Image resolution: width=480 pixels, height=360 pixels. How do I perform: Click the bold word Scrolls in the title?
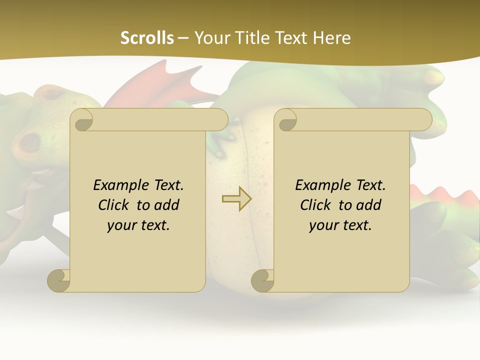pyautogui.click(x=147, y=38)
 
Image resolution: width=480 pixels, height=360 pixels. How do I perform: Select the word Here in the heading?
pyautogui.click(x=332, y=38)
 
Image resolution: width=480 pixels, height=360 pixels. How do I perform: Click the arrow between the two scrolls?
pyautogui.click(x=236, y=198)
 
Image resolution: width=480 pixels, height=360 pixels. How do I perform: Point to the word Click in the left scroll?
pyautogui.click(x=115, y=205)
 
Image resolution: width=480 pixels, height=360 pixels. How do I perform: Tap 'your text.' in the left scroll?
pyautogui.click(x=138, y=225)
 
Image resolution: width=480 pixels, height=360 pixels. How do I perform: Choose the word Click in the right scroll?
pyautogui.click(x=317, y=205)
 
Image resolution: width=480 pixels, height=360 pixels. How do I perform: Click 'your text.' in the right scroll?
pyautogui.click(x=340, y=225)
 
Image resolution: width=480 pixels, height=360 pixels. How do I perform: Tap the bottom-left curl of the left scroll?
pyautogui.click(x=58, y=280)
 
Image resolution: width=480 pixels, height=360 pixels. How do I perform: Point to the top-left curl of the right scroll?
pyautogui.click(x=286, y=120)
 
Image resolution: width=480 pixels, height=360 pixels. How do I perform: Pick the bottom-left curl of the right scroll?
pyautogui.click(x=262, y=280)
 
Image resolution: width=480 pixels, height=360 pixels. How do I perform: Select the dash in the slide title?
pyautogui.click(x=183, y=38)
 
